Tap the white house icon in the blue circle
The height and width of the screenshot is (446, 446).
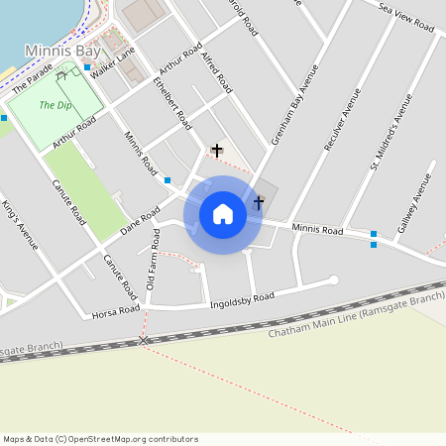tap(223, 214)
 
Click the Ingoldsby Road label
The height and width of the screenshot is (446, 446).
tap(241, 300)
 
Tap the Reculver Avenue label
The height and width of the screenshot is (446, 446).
tap(343, 119)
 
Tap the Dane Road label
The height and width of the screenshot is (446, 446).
tap(140, 219)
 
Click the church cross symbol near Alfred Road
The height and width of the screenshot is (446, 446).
tap(217, 151)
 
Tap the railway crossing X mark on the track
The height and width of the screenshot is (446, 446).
tap(144, 341)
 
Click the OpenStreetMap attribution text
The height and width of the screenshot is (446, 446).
tap(99, 439)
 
